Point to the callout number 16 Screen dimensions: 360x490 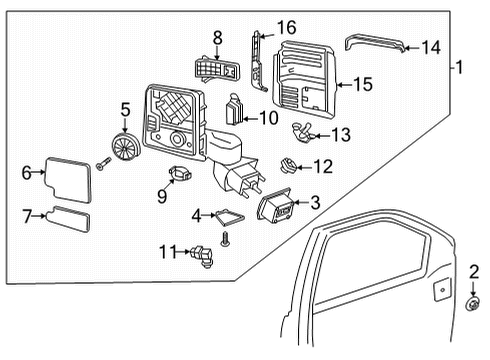pos(287,27)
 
